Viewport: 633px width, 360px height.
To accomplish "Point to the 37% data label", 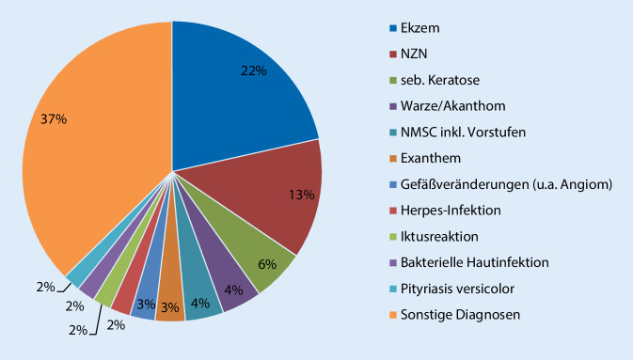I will tap(54, 118).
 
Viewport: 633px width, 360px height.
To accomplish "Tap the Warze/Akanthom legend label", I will tap(454, 107).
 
